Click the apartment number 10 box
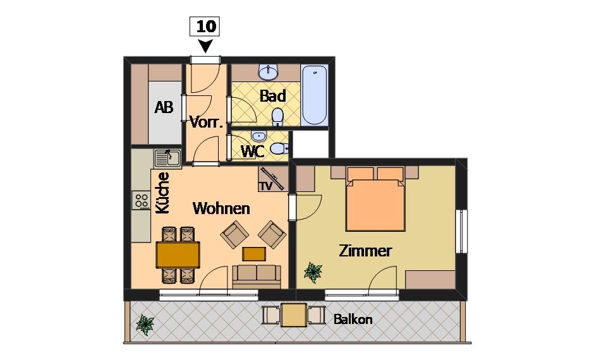point(205,27)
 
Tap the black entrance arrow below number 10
point(205,46)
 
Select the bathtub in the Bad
point(315,95)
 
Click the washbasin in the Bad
point(269,72)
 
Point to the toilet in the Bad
point(277,117)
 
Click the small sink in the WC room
point(258,135)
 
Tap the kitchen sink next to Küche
point(167,159)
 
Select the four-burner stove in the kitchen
point(141,200)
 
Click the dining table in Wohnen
point(178,255)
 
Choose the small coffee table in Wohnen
point(254,254)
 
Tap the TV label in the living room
point(266,186)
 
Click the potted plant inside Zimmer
point(313,272)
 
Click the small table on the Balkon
point(294,315)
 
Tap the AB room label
point(164,107)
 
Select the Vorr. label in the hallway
point(206,122)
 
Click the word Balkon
point(353,319)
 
